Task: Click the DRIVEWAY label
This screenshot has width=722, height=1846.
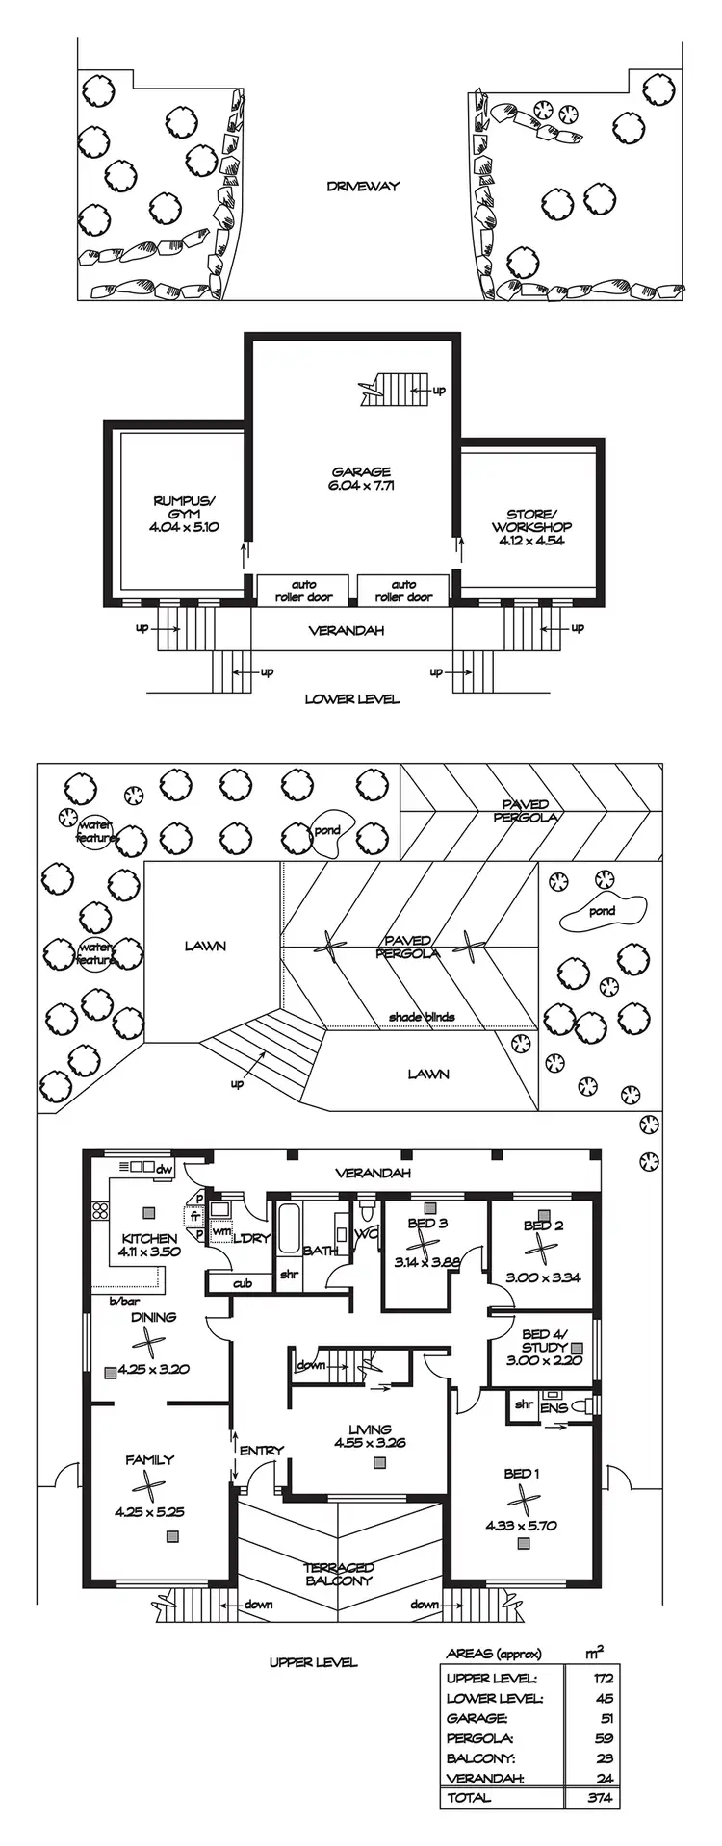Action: coord(362,187)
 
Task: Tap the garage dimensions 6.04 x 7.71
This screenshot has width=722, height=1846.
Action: coord(361,486)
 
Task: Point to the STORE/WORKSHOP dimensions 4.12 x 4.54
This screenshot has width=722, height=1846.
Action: coord(531,541)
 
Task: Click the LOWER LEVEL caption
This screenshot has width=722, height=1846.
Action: coord(351,699)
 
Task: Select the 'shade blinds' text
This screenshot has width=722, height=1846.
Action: coord(422,1017)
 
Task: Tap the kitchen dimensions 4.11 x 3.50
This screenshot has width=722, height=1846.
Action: coord(149,1252)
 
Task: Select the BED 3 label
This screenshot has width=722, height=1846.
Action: coord(427,1224)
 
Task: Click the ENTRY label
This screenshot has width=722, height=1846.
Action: coord(262,1451)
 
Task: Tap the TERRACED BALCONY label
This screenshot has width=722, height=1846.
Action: coord(339,1574)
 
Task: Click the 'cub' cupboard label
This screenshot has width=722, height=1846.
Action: coord(243,1283)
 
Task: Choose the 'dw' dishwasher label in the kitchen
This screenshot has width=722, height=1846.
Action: coord(164,1169)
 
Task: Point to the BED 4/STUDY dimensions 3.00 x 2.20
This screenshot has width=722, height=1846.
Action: coord(544,1361)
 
